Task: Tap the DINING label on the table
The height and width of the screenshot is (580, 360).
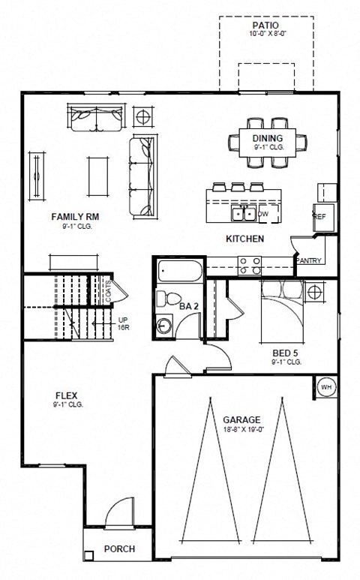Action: pos(268,138)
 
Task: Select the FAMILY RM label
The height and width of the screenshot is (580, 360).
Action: pos(75,217)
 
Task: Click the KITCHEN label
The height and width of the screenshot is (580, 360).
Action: pos(244,239)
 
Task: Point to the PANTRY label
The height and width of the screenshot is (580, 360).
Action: pos(309,260)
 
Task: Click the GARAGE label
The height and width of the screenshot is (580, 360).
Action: pos(241,419)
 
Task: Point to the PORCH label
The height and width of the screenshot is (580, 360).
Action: pos(119,548)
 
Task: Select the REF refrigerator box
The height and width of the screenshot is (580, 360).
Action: pos(320,216)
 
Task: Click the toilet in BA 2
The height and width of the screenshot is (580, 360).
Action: pos(166,299)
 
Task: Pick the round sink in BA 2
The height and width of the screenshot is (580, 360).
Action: pos(164,325)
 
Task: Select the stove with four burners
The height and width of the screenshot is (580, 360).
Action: pos(250,265)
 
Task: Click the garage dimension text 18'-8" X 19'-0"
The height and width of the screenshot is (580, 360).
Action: pos(241,430)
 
